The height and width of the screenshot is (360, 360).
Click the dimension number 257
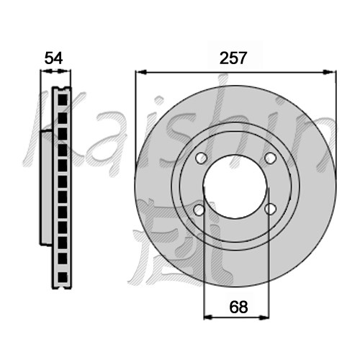coord(233,58)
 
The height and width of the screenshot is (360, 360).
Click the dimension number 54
coord(53,58)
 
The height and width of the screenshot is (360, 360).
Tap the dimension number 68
coord(238,307)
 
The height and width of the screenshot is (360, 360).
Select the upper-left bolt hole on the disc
coord(202,158)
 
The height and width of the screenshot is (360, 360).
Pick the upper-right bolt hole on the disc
coord(271,158)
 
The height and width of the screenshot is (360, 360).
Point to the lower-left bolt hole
coord(199,210)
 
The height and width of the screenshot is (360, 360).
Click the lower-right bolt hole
coord(270,209)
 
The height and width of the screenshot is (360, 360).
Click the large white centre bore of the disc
coord(235,186)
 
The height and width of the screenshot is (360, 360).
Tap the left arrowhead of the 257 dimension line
coord(141,72)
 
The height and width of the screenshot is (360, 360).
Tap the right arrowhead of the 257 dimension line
coord(330,72)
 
